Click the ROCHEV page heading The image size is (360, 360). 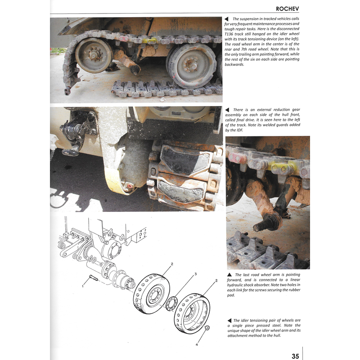pyautogui.click(x=291, y=8)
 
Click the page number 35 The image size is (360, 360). pyautogui.click(x=295, y=355)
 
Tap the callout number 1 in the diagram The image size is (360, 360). pyautogui.click(x=83, y=285)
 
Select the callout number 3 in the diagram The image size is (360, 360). pyautogui.click(x=195, y=274)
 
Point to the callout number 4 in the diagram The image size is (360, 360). pyautogui.click(x=197, y=345)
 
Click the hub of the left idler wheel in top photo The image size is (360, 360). pyautogui.click(x=94, y=55)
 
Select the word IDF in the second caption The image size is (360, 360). pyautogui.click(x=238, y=130)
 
